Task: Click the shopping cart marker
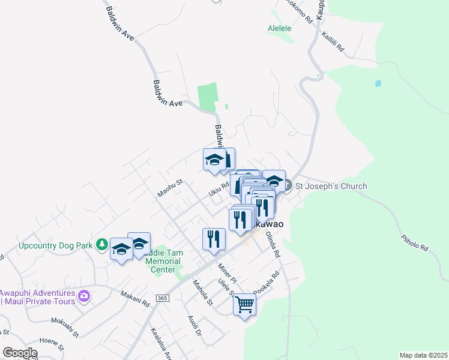coord(245,305)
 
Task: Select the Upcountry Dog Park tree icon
coord(103,245)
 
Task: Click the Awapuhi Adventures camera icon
coord(84,296)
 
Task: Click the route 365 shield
coord(161,298)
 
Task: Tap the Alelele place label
coord(279,28)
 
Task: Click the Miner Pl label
coord(228,273)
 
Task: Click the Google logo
coord(20,353)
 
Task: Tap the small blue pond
coord(378,83)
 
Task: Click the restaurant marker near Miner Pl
coord(214,239)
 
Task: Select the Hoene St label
coord(51,344)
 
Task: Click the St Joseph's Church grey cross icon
coord(286,186)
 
